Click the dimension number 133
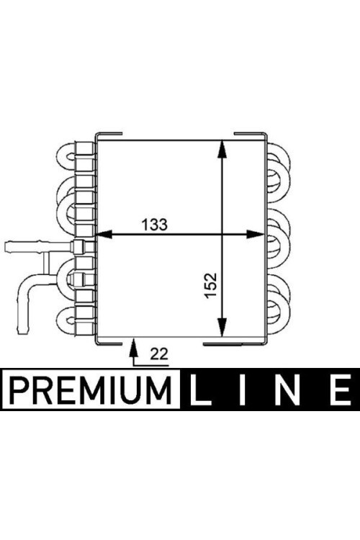pos(154,224)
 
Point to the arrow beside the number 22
pos(133,351)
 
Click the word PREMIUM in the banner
pos(91,390)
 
